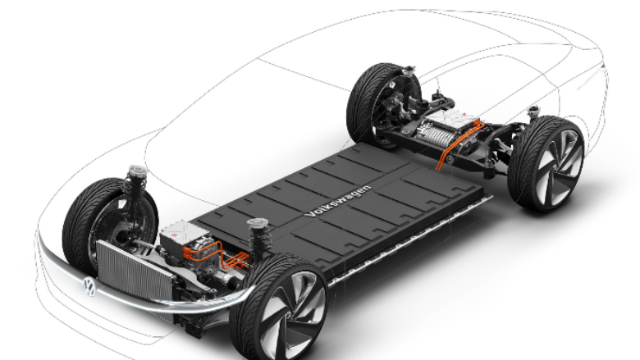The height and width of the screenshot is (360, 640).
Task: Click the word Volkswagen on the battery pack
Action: click(x=338, y=201)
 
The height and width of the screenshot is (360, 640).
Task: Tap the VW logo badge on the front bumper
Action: click(x=89, y=287)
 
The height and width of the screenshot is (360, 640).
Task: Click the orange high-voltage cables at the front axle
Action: click(x=217, y=255)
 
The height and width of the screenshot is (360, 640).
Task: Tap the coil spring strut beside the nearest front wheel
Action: click(x=258, y=239)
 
